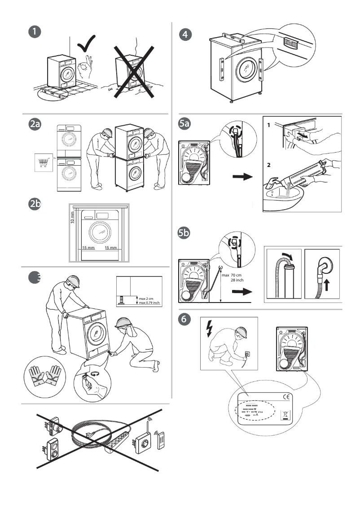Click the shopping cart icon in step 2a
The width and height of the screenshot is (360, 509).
tap(43, 162)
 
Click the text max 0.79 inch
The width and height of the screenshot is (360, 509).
tap(149, 303)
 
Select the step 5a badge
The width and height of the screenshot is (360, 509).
tap(184, 126)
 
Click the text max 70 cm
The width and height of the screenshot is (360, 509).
tap(232, 275)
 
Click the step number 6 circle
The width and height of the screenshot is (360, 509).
tap(184, 320)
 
